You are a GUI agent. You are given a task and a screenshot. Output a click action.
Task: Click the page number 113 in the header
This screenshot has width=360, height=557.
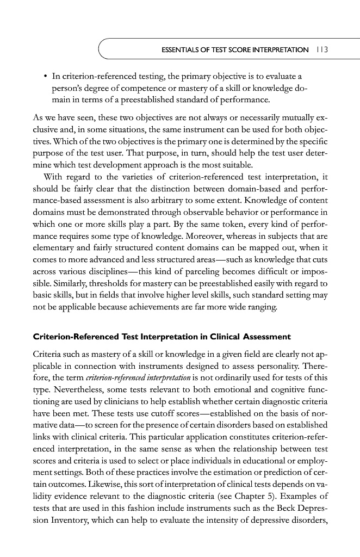coord(326,49)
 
